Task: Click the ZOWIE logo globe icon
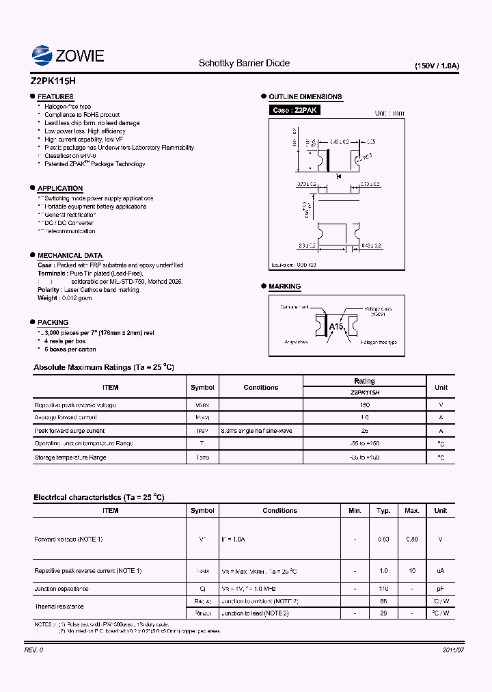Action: click(x=42, y=55)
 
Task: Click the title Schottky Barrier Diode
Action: click(x=244, y=63)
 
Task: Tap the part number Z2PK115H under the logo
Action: click(x=53, y=79)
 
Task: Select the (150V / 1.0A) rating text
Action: click(x=437, y=66)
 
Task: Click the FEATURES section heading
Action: click(x=55, y=97)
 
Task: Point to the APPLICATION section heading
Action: click(x=60, y=188)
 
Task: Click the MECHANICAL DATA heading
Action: click(x=70, y=255)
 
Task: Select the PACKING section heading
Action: click(x=53, y=322)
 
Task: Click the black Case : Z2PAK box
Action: click(x=295, y=110)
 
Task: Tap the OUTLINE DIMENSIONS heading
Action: click(x=305, y=96)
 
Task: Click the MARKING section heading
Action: click(x=284, y=286)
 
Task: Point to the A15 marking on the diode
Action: click(x=337, y=327)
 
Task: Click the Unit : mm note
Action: click(x=389, y=113)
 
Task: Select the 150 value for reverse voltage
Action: click(x=364, y=405)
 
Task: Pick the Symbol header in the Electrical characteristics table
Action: click(x=202, y=510)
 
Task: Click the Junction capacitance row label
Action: click(x=61, y=588)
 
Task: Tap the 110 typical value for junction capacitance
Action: click(x=383, y=588)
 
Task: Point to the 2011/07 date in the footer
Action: click(x=443, y=650)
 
